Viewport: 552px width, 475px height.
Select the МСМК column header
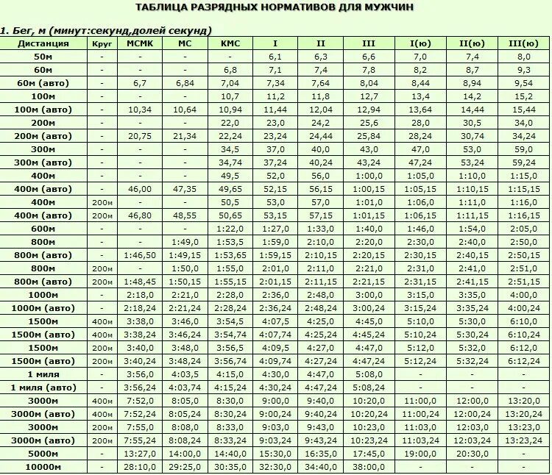click(x=140, y=43)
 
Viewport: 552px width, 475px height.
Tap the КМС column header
click(x=230, y=43)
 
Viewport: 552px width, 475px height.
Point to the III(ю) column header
click(x=524, y=43)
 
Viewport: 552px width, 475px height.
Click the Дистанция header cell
click(x=44, y=43)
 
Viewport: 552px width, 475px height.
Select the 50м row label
click(x=43, y=57)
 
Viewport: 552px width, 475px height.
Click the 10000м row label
click(x=43, y=467)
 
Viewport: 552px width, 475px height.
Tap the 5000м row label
click(x=43, y=454)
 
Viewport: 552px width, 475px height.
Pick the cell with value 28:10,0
click(x=140, y=467)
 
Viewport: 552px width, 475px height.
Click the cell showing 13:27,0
click(x=140, y=454)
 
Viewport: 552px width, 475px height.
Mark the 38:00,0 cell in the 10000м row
click(x=369, y=467)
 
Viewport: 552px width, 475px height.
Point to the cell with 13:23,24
click(x=524, y=440)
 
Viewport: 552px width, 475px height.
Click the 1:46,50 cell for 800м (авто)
click(x=140, y=255)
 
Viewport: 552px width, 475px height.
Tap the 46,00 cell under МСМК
click(x=140, y=189)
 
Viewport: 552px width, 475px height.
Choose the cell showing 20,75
click(x=140, y=136)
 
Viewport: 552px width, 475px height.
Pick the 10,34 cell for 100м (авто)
click(x=140, y=110)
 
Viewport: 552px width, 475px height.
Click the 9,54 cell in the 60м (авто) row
click(x=524, y=83)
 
